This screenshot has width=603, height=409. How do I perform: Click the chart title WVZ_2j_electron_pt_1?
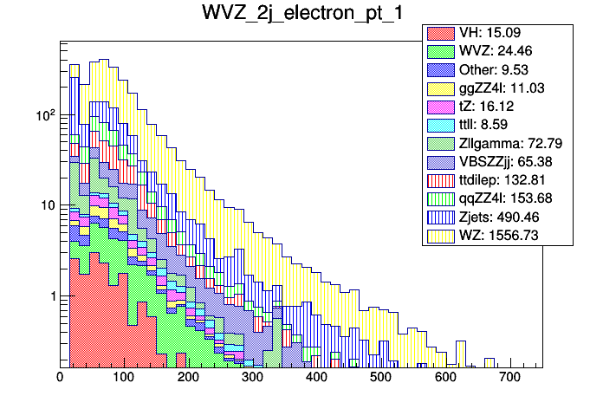click(x=301, y=15)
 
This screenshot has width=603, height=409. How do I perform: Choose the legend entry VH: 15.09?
click(x=494, y=34)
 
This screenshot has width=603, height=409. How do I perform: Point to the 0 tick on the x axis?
click(x=60, y=377)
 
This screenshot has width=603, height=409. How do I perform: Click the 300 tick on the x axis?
click(x=252, y=377)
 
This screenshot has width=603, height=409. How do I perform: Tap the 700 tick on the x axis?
click(x=509, y=377)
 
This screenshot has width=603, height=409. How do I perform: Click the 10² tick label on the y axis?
click(x=42, y=114)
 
